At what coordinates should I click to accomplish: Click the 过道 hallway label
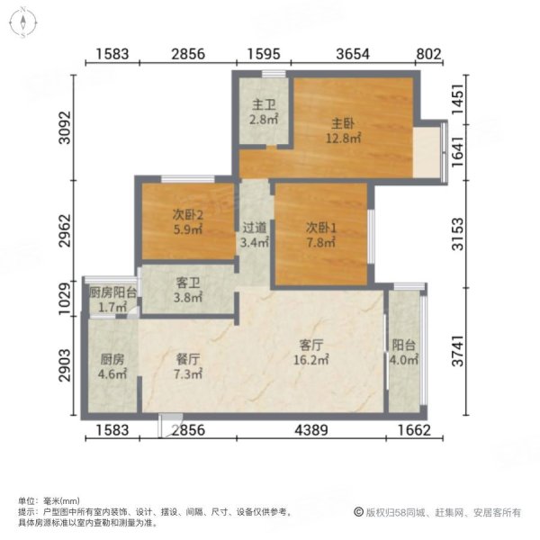pos(254,229)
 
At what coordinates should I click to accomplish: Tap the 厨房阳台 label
pos(113,292)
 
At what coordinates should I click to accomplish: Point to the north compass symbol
pos(23,25)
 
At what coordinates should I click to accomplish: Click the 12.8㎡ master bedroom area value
pos(343,139)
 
